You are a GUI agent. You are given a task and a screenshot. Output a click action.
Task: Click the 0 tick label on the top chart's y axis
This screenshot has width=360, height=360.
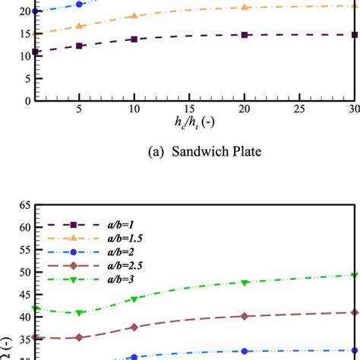(x=26, y=100)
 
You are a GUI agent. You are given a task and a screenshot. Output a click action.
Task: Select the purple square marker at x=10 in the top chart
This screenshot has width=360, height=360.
(x=134, y=39)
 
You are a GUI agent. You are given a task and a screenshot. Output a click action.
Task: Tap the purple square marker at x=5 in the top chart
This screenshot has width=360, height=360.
(x=80, y=46)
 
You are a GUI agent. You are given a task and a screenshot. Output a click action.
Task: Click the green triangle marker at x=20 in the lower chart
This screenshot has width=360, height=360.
(x=245, y=283)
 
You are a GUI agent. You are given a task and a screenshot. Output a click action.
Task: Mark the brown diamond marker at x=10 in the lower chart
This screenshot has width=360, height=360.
(x=134, y=327)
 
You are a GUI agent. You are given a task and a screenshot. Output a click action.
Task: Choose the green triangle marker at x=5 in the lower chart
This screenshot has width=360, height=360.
(x=80, y=313)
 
